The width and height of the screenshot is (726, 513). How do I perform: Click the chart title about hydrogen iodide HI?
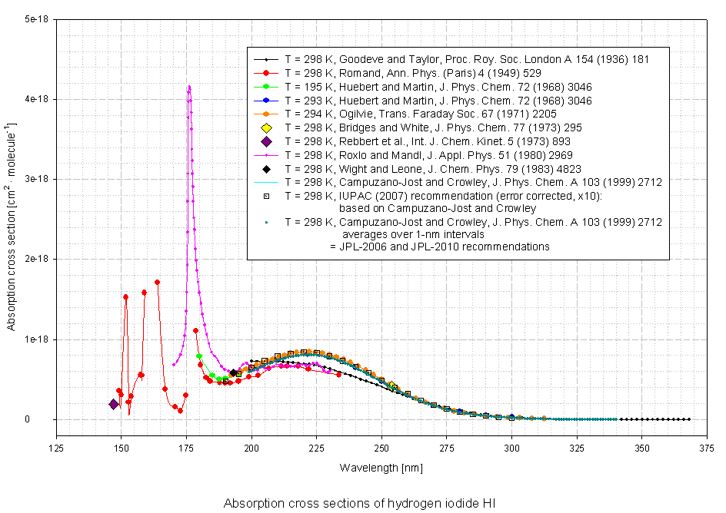(359, 504)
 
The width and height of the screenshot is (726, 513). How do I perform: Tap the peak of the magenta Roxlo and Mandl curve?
(189, 87)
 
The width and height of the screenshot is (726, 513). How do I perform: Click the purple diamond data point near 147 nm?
(114, 405)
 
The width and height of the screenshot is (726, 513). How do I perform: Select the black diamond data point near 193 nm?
(233, 373)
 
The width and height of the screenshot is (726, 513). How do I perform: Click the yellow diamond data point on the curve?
(392, 386)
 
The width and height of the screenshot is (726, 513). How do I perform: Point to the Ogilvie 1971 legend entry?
(435, 114)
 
